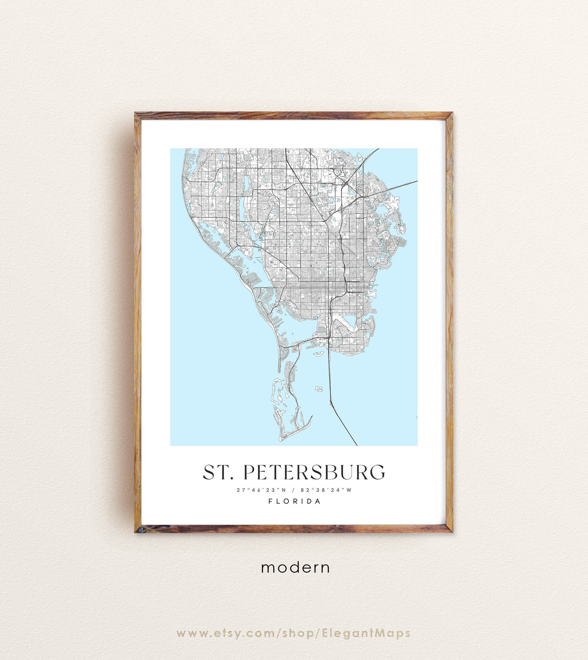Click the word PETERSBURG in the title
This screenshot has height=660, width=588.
314,472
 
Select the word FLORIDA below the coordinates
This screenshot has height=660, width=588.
294,501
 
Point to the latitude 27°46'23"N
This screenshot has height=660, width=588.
261,490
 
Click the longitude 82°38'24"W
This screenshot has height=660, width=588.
326,490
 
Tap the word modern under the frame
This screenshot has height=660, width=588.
295,568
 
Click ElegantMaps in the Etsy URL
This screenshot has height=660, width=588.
366,633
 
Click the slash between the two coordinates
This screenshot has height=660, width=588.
293,490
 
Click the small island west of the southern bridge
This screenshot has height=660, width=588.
319,389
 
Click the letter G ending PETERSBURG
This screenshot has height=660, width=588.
378,472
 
